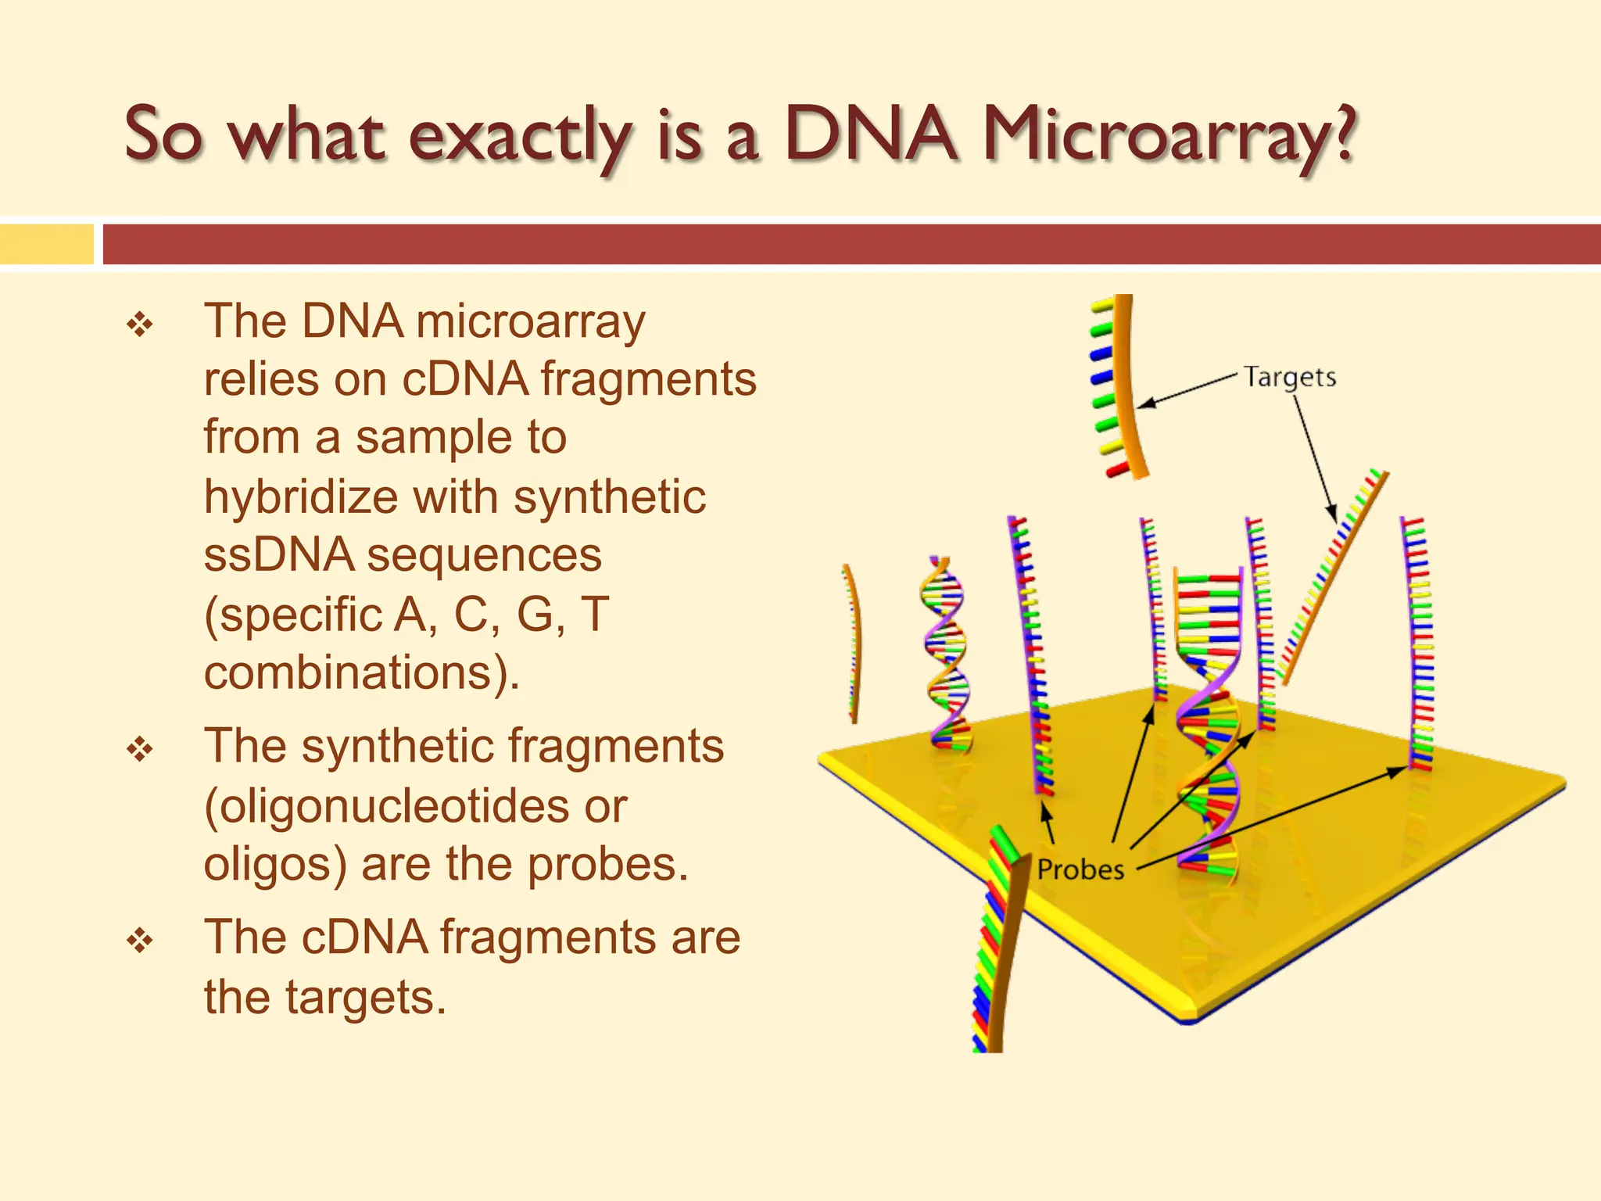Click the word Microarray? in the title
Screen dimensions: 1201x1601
click(x=1168, y=137)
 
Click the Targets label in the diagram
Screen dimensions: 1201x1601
click(x=1290, y=377)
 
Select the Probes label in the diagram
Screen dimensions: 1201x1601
click(x=1080, y=869)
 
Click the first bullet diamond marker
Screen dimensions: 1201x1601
click(x=140, y=324)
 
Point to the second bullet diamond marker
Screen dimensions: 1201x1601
click(x=140, y=749)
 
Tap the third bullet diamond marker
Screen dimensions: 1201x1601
click(x=140, y=940)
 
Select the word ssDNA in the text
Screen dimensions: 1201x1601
click(x=279, y=555)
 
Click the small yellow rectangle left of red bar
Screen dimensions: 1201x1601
click(x=46, y=244)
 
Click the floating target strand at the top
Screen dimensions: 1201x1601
click(x=1119, y=387)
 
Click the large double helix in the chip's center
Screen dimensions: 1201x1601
click(x=1209, y=719)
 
